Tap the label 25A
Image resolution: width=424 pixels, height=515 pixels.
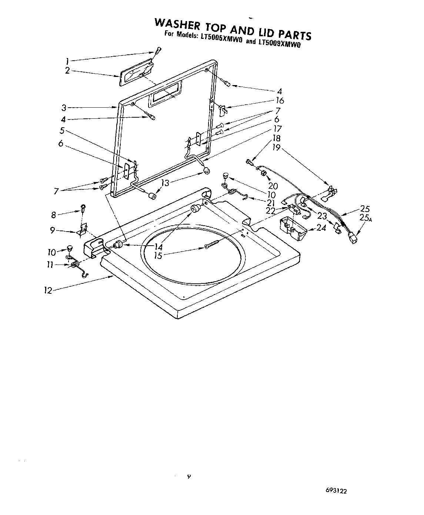pos(365,218)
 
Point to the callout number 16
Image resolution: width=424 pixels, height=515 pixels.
pos(280,100)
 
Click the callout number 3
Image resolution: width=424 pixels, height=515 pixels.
pos(64,108)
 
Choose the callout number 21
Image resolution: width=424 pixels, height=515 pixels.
pos(271,203)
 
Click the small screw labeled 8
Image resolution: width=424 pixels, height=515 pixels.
pos(84,208)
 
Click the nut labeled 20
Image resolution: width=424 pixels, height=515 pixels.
pos(263,172)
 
